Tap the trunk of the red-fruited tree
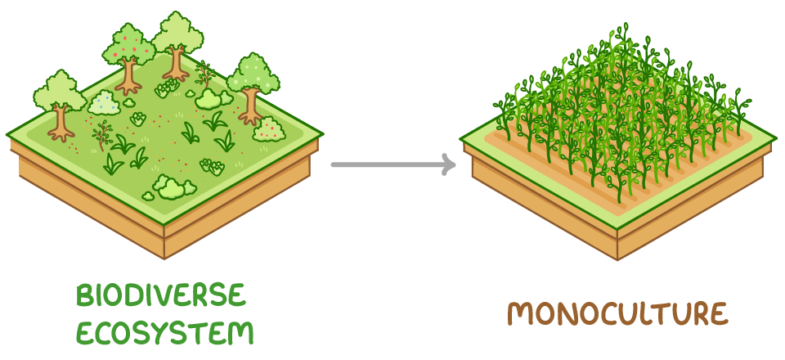click(128, 78)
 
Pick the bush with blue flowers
click(104, 102)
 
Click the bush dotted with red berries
click(268, 128)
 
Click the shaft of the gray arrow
click(384, 164)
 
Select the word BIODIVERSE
click(161, 295)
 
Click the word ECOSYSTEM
click(164, 332)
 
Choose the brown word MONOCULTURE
click(617, 313)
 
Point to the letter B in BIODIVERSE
click(85, 295)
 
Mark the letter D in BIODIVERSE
click(135, 295)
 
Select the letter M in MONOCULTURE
click(518, 314)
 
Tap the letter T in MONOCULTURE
click(657, 314)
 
